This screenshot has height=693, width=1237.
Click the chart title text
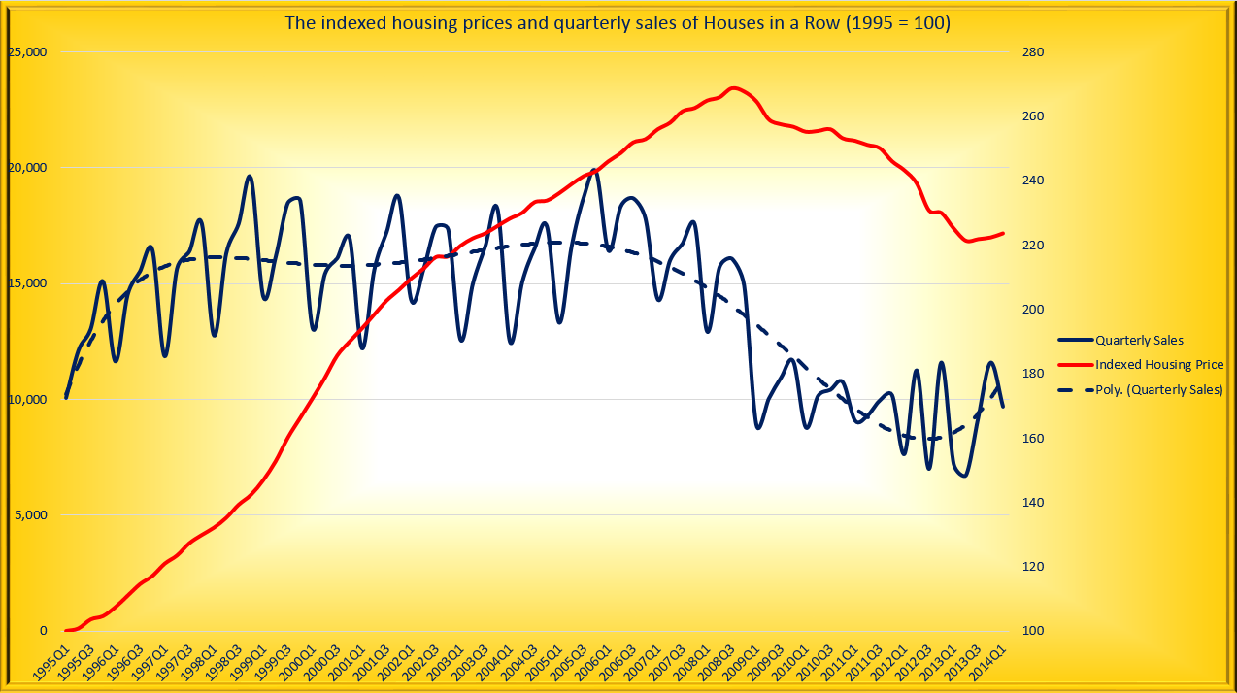(617, 22)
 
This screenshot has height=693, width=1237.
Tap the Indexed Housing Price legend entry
(1159, 365)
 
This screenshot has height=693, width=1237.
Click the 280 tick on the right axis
(1032, 52)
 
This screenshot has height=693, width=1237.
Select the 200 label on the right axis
(1032, 310)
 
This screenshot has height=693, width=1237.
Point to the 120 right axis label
(1032, 567)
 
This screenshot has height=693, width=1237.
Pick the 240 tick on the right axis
(1032, 181)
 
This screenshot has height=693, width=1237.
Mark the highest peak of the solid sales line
(594, 171)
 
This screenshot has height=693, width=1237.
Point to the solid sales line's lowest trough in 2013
(963, 476)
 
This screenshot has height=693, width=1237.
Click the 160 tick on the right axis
(1032, 439)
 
